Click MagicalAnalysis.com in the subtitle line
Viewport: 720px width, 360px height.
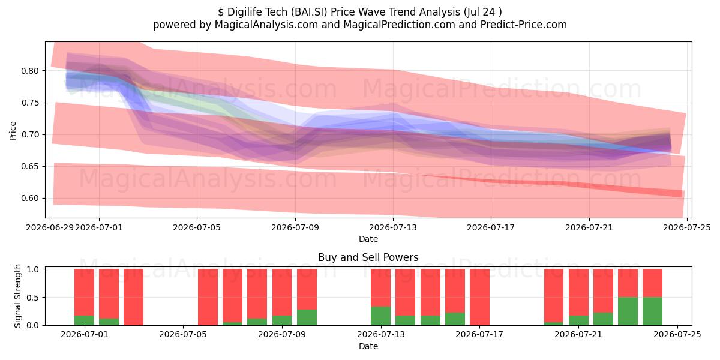(266, 25)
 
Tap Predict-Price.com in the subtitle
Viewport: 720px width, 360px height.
(524, 25)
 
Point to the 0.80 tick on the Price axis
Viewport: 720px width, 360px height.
(30, 71)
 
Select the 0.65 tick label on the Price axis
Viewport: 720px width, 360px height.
(30, 167)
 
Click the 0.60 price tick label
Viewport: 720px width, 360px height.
(30, 199)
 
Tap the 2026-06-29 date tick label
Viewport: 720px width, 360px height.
(50, 227)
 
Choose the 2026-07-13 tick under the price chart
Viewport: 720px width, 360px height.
(393, 227)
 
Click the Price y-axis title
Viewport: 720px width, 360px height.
(13, 131)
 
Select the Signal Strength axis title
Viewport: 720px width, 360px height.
(17, 296)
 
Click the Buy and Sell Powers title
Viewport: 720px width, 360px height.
(368, 257)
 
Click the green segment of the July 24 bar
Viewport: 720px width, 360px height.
(653, 311)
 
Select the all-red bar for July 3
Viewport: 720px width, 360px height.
(133, 297)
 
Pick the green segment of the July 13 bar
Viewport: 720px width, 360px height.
(380, 316)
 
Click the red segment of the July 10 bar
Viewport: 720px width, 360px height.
(307, 289)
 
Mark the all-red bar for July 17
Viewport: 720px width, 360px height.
(479, 297)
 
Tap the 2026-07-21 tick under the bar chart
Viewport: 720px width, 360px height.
(578, 335)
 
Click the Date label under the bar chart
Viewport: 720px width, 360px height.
(368, 347)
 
